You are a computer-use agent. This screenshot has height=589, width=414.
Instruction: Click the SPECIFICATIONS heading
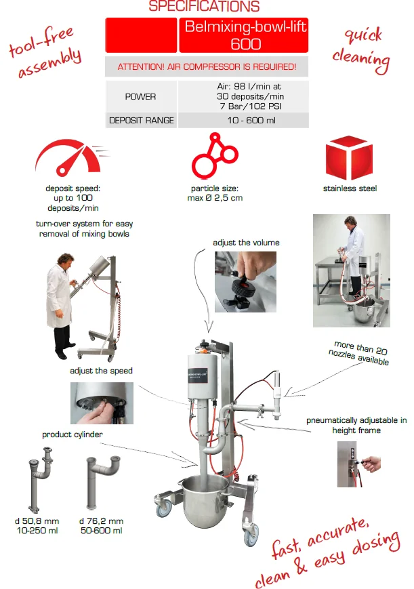(204, 6)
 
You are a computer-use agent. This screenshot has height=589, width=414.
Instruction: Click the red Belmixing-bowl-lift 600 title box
(244, 35)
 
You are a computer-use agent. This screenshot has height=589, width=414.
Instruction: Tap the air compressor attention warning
(207, 67)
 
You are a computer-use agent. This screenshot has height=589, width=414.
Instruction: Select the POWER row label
(140, 96)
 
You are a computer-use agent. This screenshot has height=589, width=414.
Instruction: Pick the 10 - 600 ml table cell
(251, 121)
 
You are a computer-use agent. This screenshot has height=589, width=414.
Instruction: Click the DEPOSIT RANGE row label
(141, 121)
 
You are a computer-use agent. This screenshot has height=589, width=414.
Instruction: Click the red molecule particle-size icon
(215, 155)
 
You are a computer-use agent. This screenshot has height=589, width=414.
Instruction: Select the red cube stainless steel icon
(349, 157)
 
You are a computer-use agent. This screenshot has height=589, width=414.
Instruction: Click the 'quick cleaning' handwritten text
(361, 49)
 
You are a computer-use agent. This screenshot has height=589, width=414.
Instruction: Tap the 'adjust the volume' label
(246, 243)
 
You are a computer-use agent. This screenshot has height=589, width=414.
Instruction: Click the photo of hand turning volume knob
(245, 282)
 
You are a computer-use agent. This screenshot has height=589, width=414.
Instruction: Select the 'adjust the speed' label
(101, 371)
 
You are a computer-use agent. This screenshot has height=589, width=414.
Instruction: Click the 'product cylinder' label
(72, 434)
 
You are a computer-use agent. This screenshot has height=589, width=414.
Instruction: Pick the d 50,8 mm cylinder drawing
(40, 480)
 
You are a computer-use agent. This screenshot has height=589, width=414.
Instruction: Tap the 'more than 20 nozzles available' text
(358, 353)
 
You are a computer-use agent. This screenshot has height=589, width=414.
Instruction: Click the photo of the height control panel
(358, 464)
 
